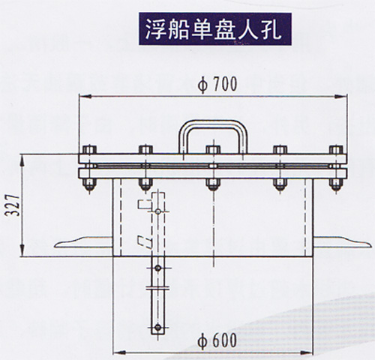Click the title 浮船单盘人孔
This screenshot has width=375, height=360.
coord(215,29)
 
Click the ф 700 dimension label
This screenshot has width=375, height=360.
coord(217,85)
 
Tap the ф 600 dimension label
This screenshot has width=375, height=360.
coord(217,340)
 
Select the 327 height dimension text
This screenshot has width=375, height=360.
coord(12,205)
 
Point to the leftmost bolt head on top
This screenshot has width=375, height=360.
coord(89,149)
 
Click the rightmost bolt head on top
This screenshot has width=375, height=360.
coord(336,149)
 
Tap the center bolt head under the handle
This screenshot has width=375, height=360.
coord(213,149)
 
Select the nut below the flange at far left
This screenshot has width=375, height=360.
coord(89,184)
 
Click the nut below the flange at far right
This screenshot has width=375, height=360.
coord(336,184)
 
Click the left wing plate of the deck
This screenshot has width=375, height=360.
coord(83,242)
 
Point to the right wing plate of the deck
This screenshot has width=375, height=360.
coord(341,242)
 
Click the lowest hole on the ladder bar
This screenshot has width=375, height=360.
coord(157,327)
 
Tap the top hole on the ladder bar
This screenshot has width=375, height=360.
coord(157,211)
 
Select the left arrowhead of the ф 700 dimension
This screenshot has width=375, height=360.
coord(85,96)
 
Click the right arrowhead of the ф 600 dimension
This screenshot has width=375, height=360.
coord(307,352)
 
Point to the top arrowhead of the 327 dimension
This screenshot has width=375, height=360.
coord(22,160)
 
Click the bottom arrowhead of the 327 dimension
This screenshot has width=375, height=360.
coord(22,250)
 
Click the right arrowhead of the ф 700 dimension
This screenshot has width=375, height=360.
coord(340,96)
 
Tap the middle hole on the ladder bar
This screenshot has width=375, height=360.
coord(157,268)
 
